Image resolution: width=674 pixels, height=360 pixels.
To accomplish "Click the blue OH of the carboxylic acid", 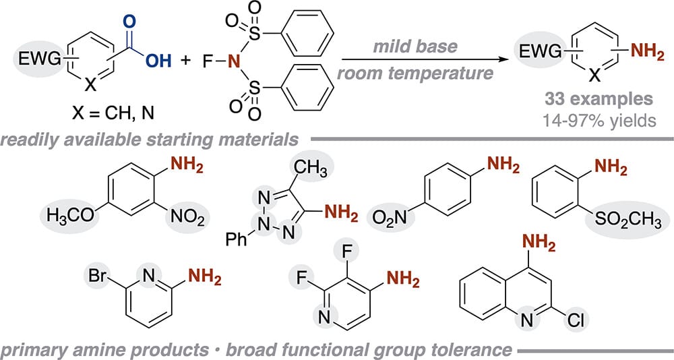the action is click(x=158, y=61).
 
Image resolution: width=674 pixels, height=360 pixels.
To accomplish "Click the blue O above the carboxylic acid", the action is click(x=129, y=22).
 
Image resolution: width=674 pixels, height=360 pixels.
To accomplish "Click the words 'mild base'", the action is click(x=415, y=47).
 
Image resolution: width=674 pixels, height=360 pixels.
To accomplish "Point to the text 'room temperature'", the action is click(x=415, y=73).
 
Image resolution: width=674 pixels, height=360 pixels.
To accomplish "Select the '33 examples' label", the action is click(x=599, y=99).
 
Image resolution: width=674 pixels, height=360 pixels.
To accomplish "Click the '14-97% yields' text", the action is click(x=599, y=121).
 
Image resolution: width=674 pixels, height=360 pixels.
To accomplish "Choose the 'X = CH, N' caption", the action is click(x=113, y=113).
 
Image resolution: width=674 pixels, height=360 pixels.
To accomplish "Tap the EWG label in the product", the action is click(x=541, y=52).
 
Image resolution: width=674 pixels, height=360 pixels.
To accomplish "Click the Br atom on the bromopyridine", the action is click(x=97, y=275).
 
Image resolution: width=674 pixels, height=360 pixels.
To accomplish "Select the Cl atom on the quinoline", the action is click(x=576, y=320).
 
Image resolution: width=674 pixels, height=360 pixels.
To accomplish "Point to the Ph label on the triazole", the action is click(x=237, y=239).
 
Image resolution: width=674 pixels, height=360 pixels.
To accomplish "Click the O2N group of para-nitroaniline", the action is click(x=390, y=218).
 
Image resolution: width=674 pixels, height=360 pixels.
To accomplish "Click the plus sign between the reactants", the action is click(x=185, y=60).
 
